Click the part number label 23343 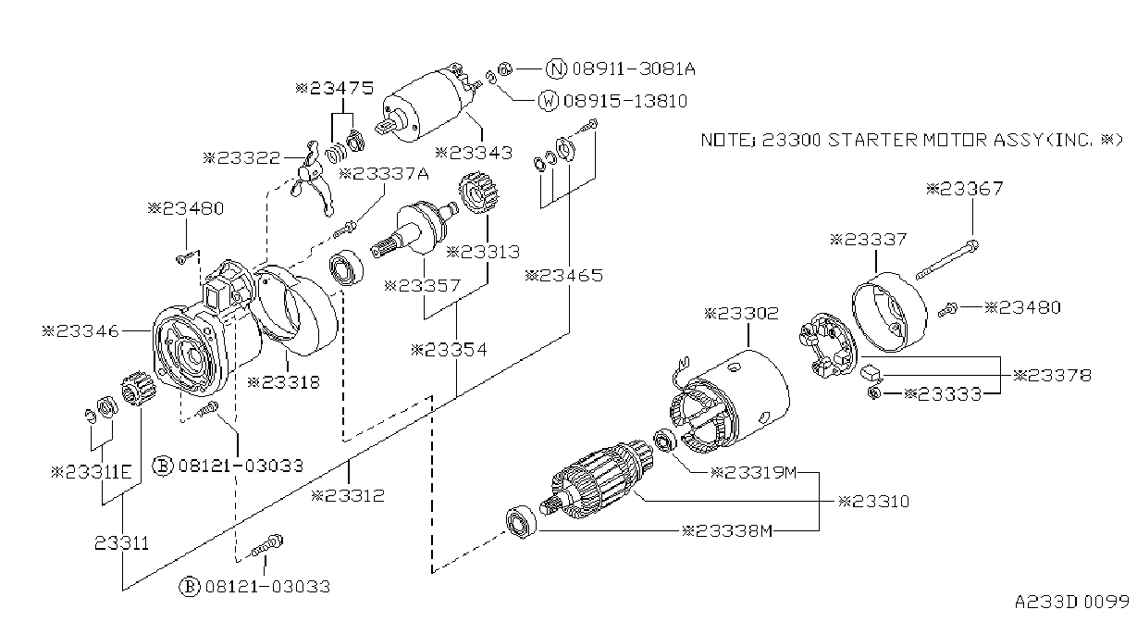(x=474, y=153)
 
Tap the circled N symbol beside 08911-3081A (x=556, y=68)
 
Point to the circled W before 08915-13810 (x=549, y=101)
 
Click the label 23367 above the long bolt (x=964, y=189)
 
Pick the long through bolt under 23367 (x=947, y=260)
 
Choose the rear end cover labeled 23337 (x=889, y=312)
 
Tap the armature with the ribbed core (x=598, y=480)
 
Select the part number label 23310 (x=873, y=502)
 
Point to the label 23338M (x=727, y=531)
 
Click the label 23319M (x=754, y=473)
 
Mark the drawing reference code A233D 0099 (x=1072, y=602)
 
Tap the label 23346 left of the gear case (x=80, y=331)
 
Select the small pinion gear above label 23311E (x=138, y=389)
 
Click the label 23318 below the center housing (x=283, y=382)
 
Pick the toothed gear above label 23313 (x=478, y=193)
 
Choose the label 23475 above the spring (x=335, y=88)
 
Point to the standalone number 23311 (x=122, y=543)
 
